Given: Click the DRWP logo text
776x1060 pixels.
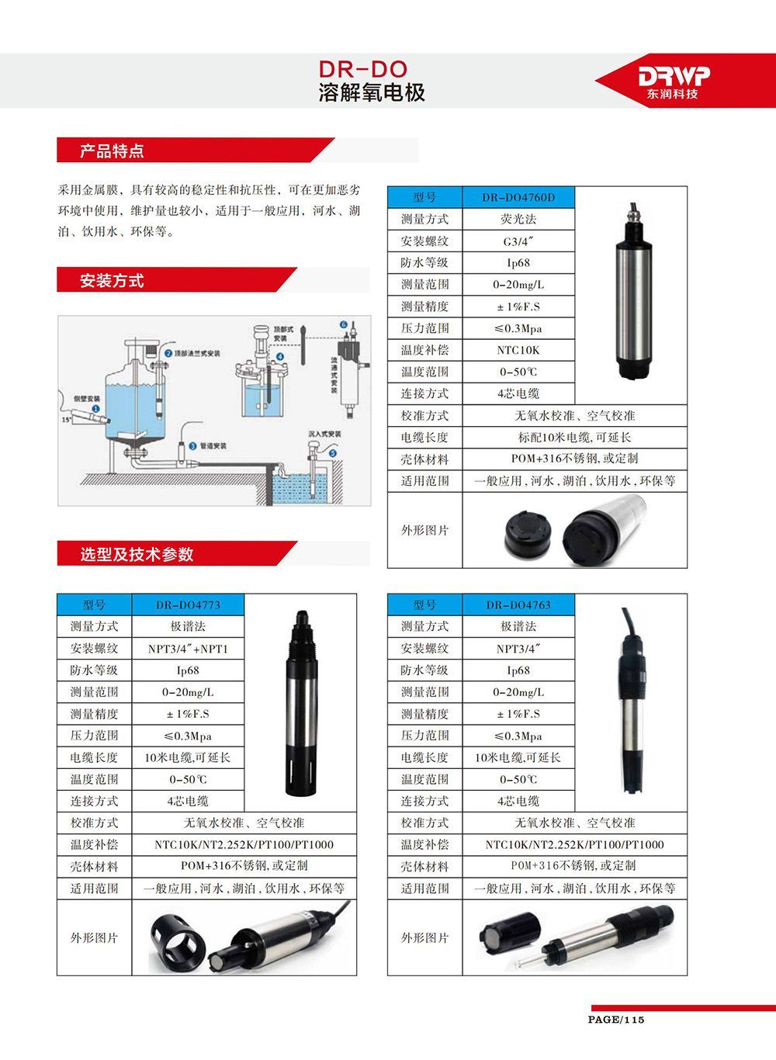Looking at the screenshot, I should pos(674,75).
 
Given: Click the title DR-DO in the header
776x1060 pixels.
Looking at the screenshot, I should pos(362,69).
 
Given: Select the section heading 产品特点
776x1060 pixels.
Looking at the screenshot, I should pos(112,151).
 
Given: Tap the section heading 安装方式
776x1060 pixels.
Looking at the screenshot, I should pos(112,281).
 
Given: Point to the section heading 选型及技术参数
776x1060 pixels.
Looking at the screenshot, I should pos(137,554).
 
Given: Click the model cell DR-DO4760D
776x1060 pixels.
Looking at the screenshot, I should pos(518,197).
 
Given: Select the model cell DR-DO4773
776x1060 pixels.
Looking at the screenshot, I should pos(188,604).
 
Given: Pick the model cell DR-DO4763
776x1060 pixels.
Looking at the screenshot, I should pos(518,604).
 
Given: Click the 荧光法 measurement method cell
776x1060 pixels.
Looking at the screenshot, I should pos(518,219).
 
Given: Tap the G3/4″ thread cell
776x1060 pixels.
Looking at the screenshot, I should pos(518,241).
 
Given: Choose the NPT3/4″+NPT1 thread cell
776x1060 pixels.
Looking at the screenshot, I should pos(188,649).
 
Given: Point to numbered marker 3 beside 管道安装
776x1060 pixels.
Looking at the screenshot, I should pos(192,445).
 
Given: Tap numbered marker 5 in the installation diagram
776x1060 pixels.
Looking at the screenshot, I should pos(333,452).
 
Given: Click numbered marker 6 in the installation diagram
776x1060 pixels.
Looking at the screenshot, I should pos(343,324).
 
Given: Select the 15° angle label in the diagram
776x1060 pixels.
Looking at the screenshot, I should pos(67,420).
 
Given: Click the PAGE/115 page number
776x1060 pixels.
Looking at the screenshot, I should pos(616,1019).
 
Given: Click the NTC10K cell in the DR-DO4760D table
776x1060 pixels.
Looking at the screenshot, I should pos(518,350).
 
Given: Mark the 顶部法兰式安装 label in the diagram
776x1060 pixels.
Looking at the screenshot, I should pos(196,353).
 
